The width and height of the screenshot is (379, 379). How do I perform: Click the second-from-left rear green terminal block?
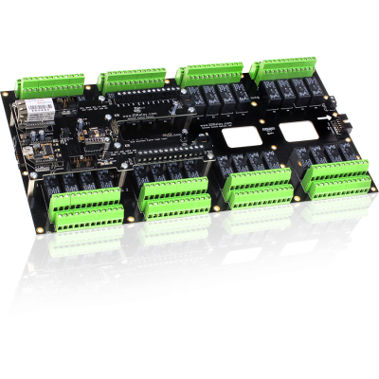point(132,79)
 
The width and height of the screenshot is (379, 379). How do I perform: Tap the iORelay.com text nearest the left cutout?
point(218,124)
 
